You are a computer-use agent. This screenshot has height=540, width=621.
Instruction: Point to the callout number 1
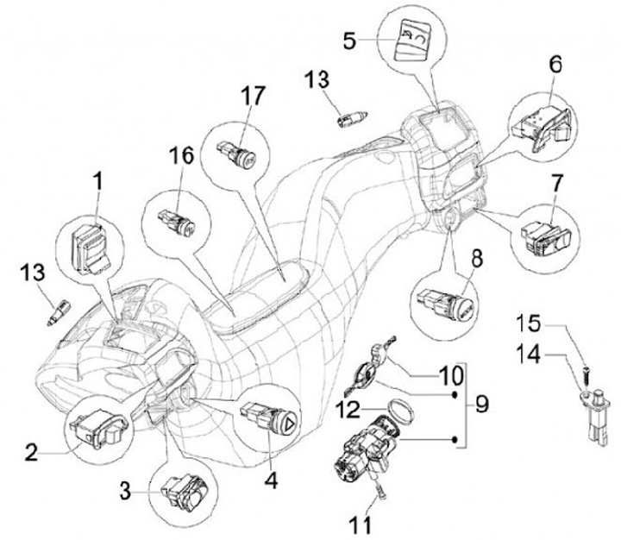97,182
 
